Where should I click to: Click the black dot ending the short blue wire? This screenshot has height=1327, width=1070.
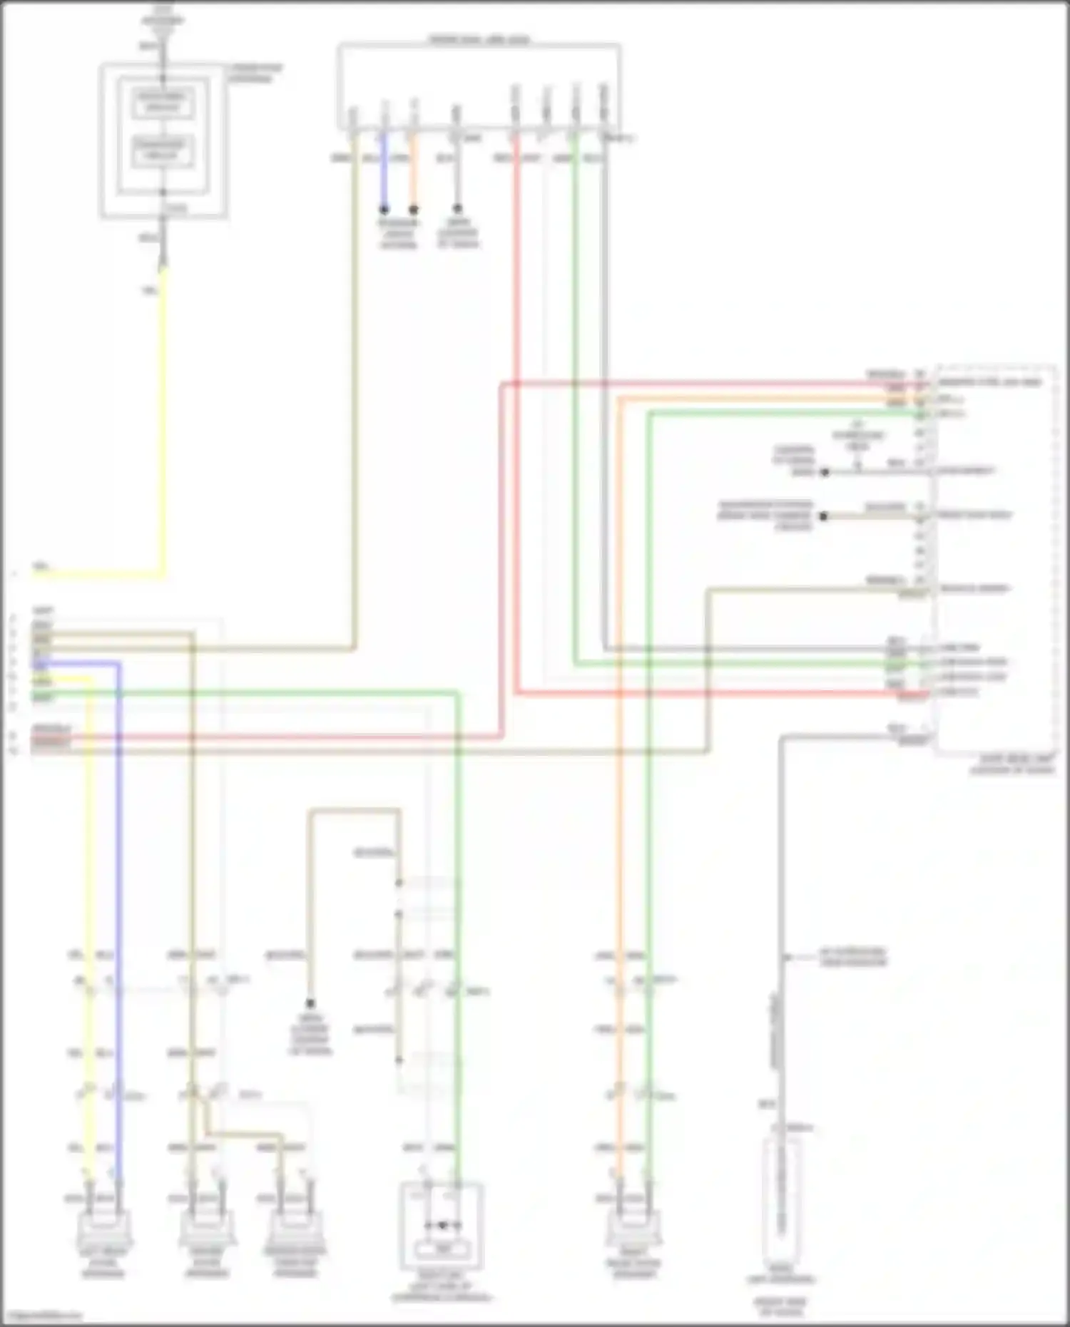point(384,210)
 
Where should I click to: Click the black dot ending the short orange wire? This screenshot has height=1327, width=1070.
point(413,210)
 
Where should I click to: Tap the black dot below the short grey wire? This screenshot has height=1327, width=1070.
point(458,209)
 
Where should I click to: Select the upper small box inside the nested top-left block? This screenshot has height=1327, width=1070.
point(163,102)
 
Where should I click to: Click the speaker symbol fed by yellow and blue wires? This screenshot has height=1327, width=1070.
point(103,1225)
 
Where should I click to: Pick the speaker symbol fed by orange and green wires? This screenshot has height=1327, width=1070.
point(634,1225)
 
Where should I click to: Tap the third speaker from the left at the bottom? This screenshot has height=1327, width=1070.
point(295,1225)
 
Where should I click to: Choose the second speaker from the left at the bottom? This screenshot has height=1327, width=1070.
point(206,1225)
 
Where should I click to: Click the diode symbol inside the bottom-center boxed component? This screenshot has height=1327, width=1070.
point(442,1226)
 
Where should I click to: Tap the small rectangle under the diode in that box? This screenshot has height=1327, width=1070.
point(442,1249)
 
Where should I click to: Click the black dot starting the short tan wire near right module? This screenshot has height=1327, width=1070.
point(823,516)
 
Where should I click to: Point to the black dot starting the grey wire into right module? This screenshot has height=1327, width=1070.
point(825,472)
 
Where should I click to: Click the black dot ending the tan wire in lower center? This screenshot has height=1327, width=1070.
point(310,1003)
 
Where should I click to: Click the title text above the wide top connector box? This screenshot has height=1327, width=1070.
point(479,39)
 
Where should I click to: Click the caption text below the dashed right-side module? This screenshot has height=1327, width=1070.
point(1012,764)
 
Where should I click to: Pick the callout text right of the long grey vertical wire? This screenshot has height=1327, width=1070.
point(852,957)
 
